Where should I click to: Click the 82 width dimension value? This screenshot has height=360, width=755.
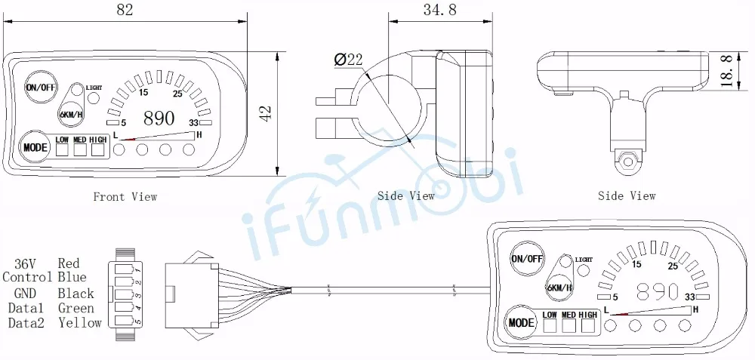point(125,10)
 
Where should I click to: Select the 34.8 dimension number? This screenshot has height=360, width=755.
point(439,10)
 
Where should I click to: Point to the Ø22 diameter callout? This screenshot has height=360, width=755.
point(348,59)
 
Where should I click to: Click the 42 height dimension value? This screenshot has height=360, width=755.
point(265,113)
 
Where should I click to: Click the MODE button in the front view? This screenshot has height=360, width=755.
point(35,147)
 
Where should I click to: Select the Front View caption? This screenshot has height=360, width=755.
point(125,197)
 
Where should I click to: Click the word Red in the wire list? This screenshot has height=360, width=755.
point(69,263)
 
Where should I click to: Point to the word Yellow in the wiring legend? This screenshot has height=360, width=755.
point(80,323)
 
